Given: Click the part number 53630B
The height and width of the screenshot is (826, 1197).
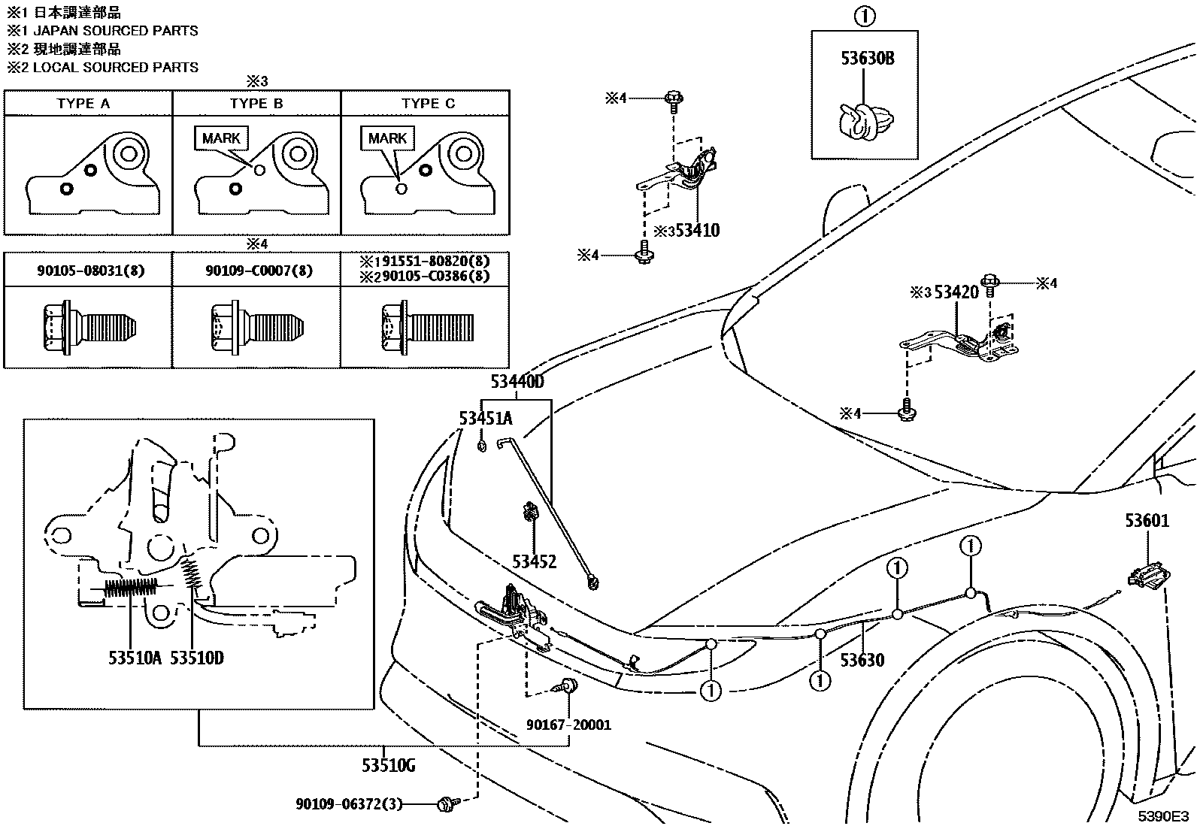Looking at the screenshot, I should (x=867, y=58).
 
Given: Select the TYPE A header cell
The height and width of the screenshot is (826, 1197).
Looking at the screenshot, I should (x=83, y=103).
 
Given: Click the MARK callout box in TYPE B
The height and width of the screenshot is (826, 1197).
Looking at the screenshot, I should (x=221, y=138).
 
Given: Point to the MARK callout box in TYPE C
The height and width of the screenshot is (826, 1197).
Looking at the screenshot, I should (x=387, y=138).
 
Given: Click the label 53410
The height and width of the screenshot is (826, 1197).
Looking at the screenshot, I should (x=697, y=231).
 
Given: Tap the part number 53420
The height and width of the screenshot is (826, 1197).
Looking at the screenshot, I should (x=956, y=292).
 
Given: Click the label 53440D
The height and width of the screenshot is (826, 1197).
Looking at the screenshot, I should (x=517, y=382).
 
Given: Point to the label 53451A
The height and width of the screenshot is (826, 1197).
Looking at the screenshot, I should (x=486, y=419).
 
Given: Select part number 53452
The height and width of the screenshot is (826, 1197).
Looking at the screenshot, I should (x=534, y=561).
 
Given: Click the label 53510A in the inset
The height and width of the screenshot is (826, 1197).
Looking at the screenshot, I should (x=135, y=658).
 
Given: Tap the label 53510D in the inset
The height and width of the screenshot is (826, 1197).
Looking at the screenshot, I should (x=196, y=658).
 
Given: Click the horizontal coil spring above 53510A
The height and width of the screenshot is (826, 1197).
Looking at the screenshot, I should (x=131, y=588).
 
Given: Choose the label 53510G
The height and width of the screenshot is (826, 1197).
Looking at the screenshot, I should (x=388, y=766).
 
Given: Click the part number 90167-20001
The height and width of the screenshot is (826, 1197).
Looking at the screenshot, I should (x=568, y=725).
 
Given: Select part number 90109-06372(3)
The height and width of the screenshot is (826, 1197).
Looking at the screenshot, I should (x=349, y=804).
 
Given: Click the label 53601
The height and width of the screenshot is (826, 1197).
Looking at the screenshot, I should (x=1147, y=520).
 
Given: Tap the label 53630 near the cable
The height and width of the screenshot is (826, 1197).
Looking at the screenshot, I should (x=862, y=661).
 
